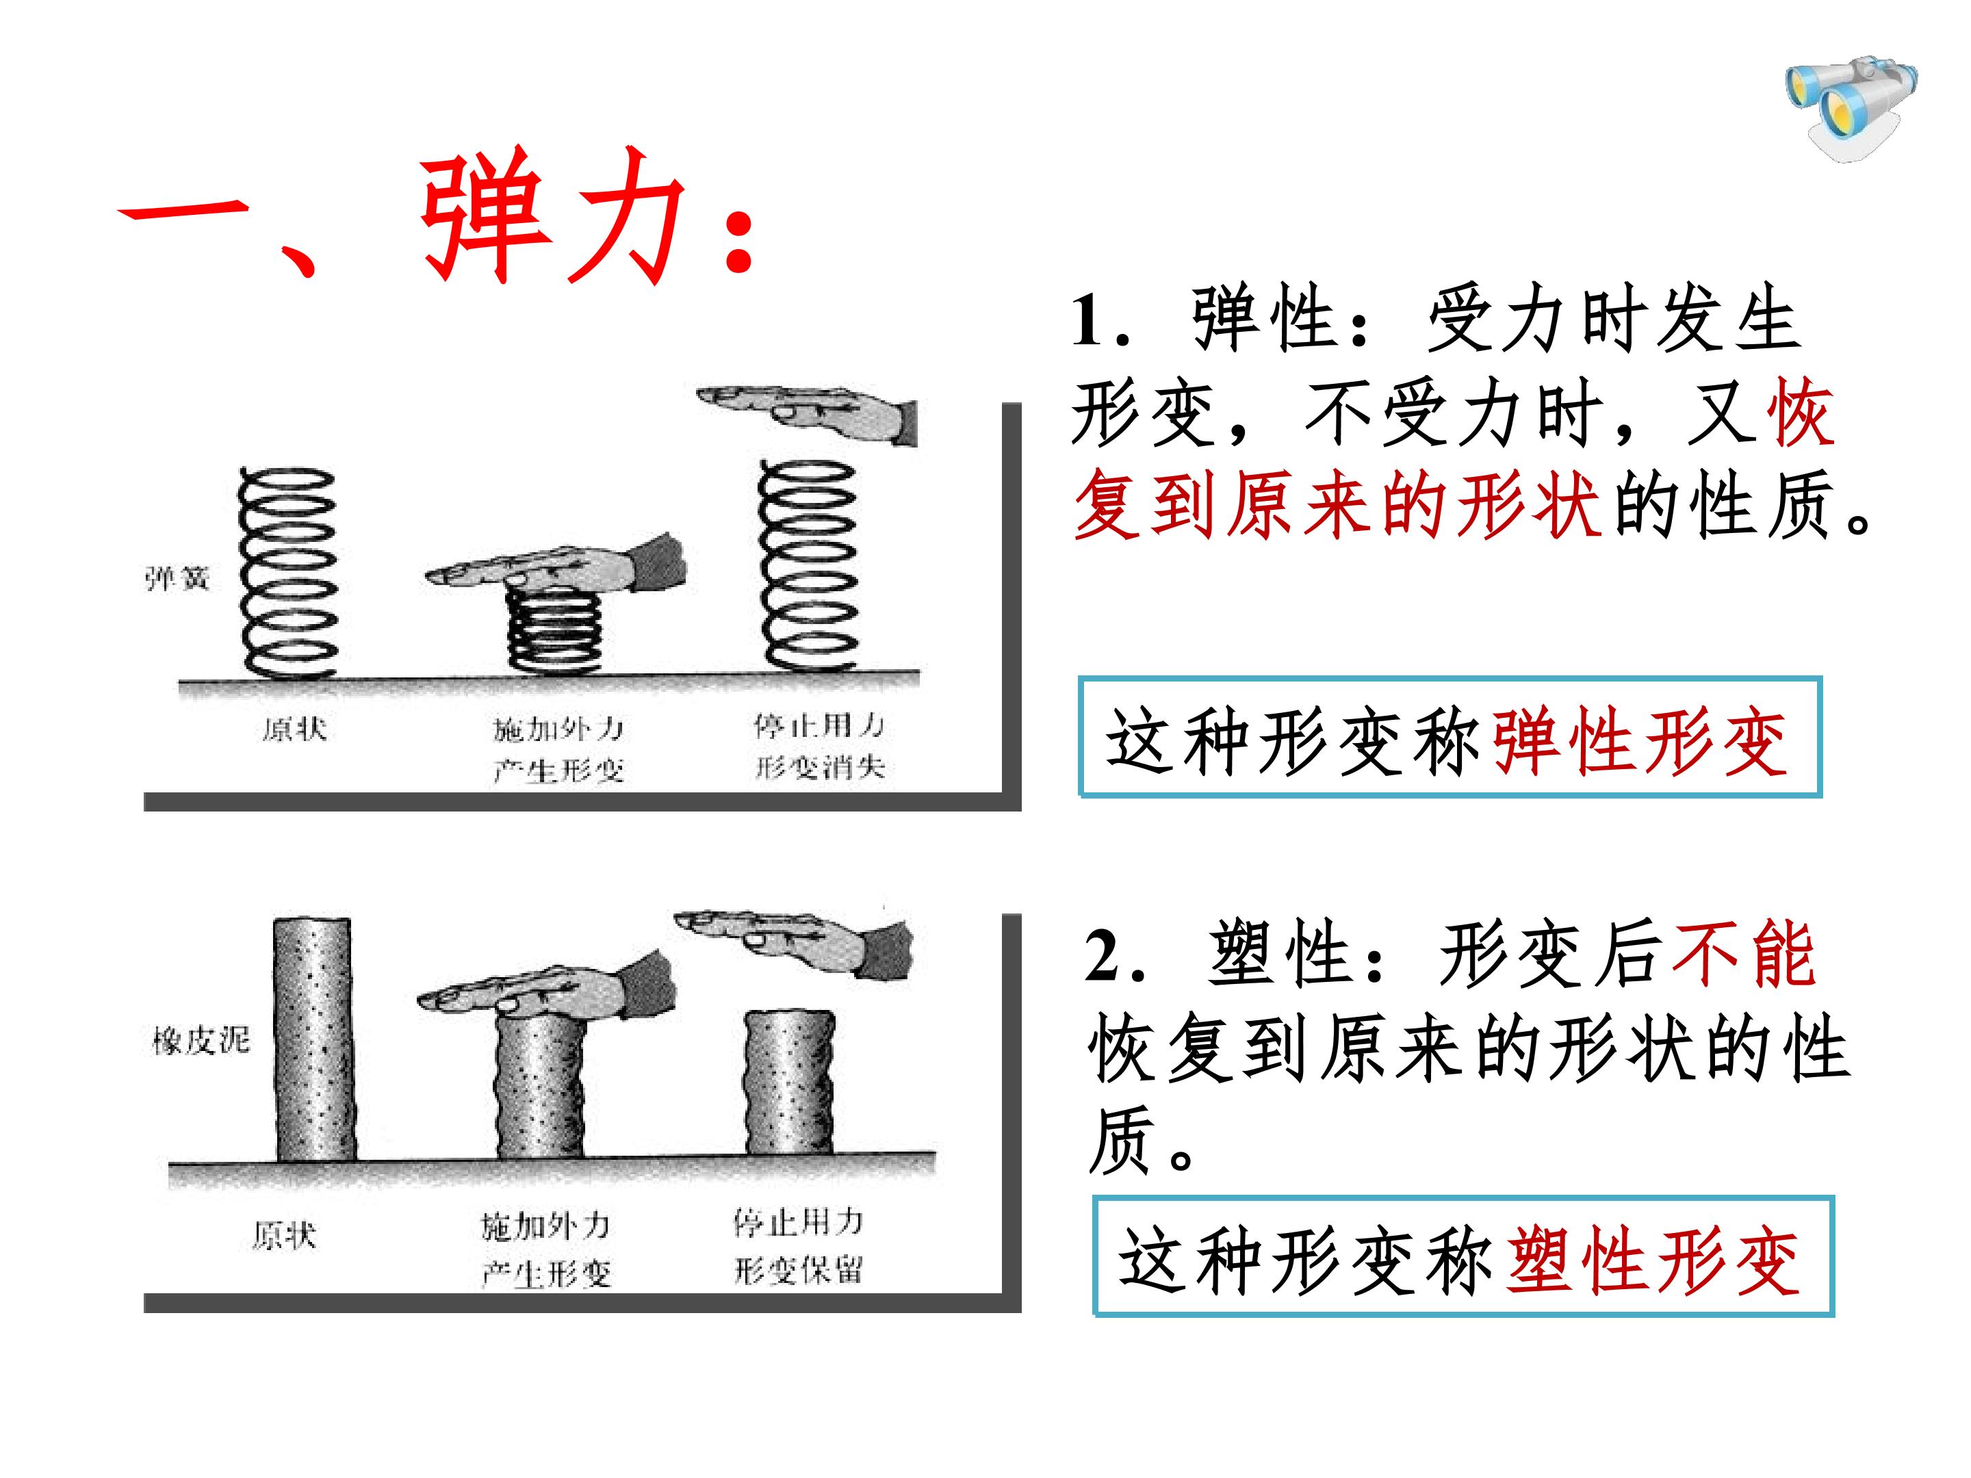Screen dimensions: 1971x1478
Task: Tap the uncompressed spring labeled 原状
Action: point(287,573)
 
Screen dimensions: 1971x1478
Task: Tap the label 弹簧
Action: point(177,579)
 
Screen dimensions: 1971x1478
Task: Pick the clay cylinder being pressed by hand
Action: point(540,1087)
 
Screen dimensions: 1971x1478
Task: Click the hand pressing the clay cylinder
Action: point(545,986)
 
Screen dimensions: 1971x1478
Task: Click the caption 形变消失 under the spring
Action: point(821,768)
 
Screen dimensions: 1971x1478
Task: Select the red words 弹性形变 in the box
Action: point(1640,741)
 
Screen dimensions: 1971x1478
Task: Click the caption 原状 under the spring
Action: point(295,729)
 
